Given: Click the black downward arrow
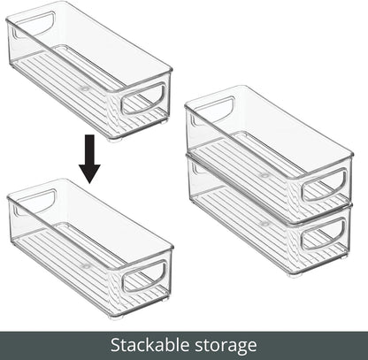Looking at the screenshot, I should (x=89, y=157).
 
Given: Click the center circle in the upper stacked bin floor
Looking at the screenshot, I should (x=264, y=175).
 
